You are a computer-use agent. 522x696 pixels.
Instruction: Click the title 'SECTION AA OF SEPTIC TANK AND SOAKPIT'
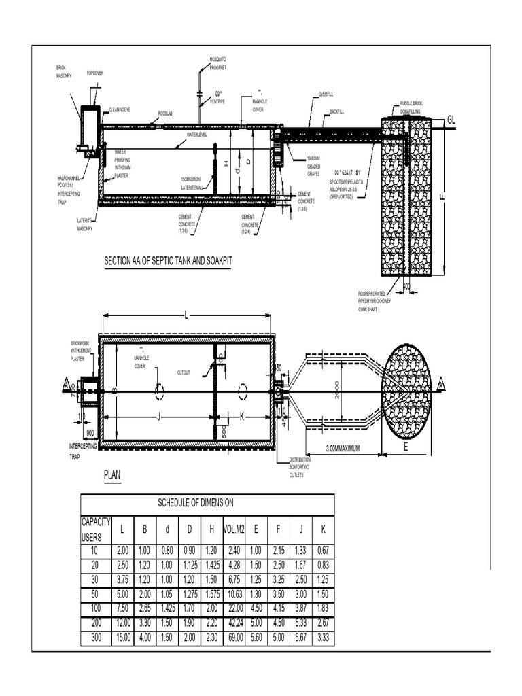(167, 260)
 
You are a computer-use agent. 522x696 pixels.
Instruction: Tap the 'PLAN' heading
(111, 475)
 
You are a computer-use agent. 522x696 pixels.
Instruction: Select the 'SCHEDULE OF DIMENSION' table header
(196, 503)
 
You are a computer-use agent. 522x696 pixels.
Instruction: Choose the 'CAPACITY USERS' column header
(96, 529)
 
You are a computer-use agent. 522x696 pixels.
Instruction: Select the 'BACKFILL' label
(338, 111)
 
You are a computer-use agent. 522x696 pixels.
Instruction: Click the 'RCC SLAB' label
(165, 114)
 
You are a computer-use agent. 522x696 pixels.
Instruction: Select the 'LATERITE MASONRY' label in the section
(85, 225)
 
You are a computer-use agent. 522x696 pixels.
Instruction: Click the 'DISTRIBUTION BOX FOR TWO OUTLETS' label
(300, 468)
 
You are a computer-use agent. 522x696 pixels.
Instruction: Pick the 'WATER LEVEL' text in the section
(196, 135)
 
